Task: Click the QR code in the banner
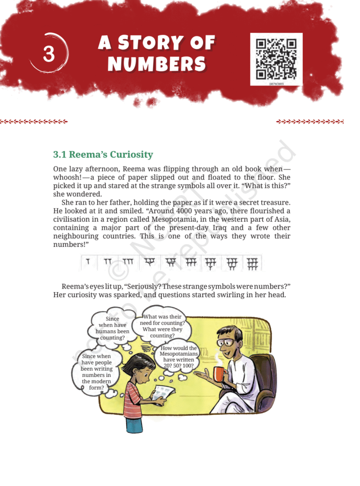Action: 276,59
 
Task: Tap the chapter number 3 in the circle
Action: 49,54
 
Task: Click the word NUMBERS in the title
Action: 157,64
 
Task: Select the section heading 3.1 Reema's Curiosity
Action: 103,155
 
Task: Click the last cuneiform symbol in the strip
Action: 252,263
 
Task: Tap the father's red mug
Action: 218,374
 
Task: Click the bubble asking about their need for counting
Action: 163,326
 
